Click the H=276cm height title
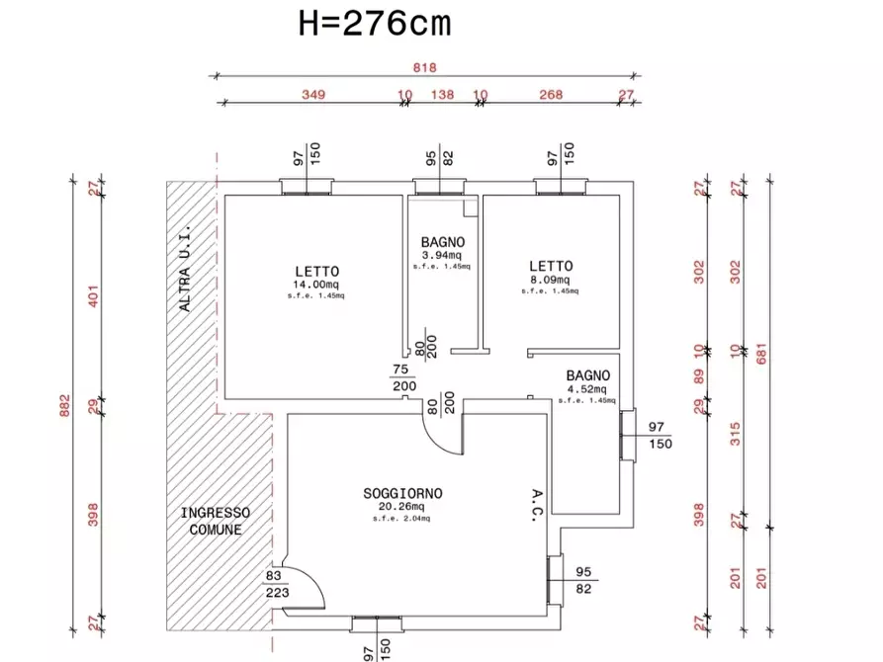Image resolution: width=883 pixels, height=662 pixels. pos(375,24)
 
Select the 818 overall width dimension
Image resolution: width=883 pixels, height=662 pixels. pos(424,67)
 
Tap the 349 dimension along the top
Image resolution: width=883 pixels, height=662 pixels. pos(313,94)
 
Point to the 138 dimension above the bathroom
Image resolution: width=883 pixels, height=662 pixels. pos(442,94)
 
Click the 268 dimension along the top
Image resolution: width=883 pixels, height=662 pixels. pos(551,94)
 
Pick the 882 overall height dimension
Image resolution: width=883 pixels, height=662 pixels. pos(64,405)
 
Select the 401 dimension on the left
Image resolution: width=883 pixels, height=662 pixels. pos(93,295)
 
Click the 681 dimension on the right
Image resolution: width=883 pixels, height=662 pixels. pos(761,354)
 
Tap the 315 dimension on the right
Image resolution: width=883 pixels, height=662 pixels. pos(736,434)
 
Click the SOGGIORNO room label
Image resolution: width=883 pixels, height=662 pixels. pos(402,494)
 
